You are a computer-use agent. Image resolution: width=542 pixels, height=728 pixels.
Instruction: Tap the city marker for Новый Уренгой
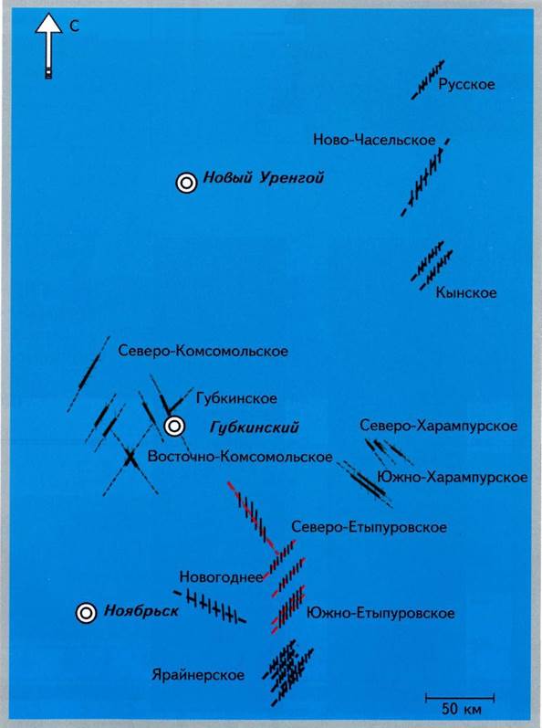click(x=186, y=184)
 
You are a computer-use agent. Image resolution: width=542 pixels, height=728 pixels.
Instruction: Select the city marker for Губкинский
click(x=175, y=427)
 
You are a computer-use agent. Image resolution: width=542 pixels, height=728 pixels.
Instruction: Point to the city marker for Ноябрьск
click(x=87, y=613)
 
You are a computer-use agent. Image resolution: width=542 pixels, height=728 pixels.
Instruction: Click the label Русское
click(x=466, y=85)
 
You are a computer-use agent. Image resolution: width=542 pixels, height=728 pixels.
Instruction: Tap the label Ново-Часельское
click(x=374, y=140)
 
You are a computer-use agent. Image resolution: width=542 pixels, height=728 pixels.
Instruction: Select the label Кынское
click(x=466, y=292)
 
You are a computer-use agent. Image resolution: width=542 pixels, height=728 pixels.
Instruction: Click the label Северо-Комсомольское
click(x=203, y=351)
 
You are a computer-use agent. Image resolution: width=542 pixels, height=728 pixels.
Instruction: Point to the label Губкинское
click(x=236, y=398)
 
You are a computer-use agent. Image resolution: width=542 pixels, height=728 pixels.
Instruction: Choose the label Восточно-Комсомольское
click(x=240, y=457)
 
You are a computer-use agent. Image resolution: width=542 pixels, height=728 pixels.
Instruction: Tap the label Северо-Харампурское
click(x=439, y=426)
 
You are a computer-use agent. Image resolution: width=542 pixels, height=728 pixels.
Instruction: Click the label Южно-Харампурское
click(x=453, y=478)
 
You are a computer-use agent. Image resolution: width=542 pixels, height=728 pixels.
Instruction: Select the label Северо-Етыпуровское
click(x=369, y=527)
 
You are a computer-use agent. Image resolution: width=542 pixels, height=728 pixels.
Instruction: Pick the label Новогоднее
click(x=221, y=577)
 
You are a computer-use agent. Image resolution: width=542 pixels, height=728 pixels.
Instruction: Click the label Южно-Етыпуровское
click(x=380, y=613)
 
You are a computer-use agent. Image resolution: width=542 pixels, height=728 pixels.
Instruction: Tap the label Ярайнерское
click(x=198, y=675)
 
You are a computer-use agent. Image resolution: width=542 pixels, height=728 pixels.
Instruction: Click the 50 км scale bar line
click(x=460, y=697)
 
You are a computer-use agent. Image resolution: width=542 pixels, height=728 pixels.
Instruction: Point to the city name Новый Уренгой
click(x=264, y=178)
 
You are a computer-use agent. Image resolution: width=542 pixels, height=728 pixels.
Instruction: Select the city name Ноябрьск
click(x=141, y=610)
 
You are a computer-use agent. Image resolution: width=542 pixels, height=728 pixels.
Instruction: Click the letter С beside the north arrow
click(x=74, y=26)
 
